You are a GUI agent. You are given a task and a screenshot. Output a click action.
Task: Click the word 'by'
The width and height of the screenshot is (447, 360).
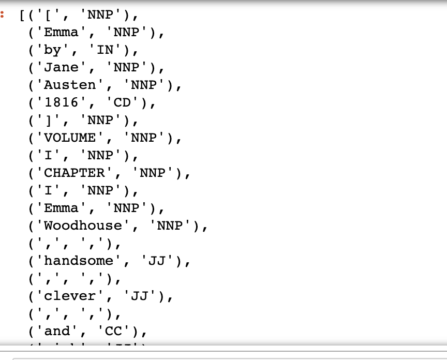point(52,50)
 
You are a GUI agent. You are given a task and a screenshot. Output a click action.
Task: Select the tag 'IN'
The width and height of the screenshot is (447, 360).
point(105,50)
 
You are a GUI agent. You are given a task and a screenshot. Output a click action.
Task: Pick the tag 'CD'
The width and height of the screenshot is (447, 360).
point(123,103)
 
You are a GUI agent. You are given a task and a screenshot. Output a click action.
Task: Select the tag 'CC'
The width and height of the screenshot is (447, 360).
point(114,332)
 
